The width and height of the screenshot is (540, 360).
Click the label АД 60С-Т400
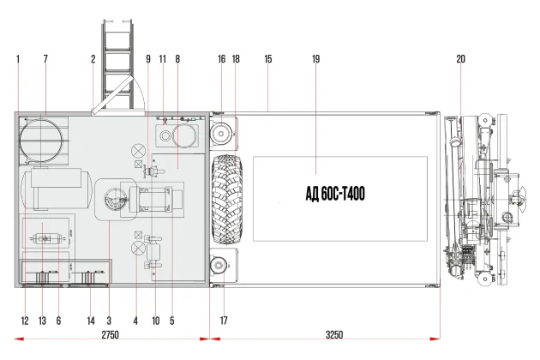[335, 194]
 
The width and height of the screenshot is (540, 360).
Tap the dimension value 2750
[111, 334]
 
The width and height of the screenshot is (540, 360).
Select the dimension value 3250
[334, 334]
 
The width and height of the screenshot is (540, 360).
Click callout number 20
[461, 59]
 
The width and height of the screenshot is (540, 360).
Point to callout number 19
[315, 59]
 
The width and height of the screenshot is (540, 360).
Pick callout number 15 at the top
[268, 59]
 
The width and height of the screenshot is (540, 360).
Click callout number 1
[18, 59]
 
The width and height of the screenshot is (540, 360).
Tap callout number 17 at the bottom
[224, 321]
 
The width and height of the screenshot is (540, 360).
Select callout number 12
[25, 321]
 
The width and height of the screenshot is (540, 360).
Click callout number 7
[45, 59]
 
